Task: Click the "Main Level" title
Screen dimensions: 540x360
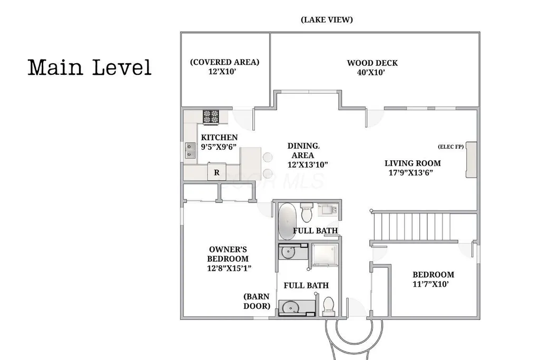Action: tap(90, 67)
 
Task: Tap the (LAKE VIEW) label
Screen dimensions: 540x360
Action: tap(327, 20)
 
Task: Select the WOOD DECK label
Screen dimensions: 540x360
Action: tap(372, 63)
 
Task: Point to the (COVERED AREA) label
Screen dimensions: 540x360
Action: tap(224, 62)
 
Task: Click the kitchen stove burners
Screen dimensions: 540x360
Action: tap(211, 117)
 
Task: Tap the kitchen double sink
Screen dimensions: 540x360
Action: tap(190, 151)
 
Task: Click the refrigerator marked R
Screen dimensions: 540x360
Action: tap(217, 172)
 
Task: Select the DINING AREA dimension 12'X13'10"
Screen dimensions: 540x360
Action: tap(308, 164)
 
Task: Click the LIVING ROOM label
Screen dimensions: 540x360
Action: tap(413, 163)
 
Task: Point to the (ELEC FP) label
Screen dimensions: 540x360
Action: tap(450, 147)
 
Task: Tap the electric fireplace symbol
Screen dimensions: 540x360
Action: tap(471, 160)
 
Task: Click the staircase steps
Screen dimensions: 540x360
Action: tap(412, 227)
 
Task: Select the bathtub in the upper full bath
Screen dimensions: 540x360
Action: tap(287, 221)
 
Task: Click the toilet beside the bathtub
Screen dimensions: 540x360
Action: tap(306, 213)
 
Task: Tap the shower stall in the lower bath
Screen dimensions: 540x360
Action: tap(325, 255)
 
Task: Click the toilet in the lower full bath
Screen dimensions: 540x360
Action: tap(329, 306)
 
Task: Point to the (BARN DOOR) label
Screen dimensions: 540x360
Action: tap(257, 301)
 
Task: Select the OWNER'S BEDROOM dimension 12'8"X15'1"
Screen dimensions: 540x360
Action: tap(229, 268)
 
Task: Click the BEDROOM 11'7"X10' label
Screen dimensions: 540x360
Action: tap(433, 279)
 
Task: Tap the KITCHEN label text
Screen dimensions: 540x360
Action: tap(219, 138)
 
